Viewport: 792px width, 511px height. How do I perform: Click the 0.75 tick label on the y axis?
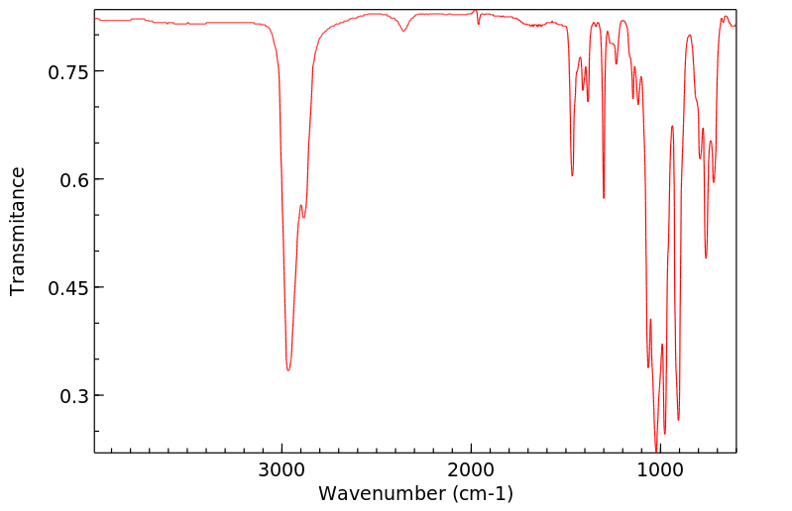tap(65, 72)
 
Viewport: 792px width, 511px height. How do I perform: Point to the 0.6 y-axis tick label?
tap(71, 180)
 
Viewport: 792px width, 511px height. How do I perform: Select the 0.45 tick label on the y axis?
tap(65, 288)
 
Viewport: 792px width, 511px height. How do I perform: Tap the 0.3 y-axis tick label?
tap(71, 396)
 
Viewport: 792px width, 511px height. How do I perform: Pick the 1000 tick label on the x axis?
tap(658, 468)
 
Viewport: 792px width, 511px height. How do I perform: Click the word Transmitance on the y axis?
tap(18, 231)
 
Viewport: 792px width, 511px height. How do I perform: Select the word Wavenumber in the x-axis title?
tap(382, 492)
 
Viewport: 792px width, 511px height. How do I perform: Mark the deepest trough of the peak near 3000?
tap(288, 369)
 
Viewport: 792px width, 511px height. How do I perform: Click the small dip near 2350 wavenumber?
tap(403, 31)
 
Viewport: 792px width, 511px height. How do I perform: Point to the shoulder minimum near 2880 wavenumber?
tap(304, 217)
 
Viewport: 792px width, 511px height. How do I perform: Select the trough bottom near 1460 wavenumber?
tap(572, 175)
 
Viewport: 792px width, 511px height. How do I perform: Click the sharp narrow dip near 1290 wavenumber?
tap(604, 197)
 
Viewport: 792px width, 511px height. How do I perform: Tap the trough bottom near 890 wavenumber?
tap(678, 420)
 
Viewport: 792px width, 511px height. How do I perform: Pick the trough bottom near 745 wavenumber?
tap(706, 257)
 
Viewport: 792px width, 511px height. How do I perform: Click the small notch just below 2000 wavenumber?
tap(479, 23)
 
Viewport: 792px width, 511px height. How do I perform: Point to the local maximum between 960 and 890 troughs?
tap(672, 127)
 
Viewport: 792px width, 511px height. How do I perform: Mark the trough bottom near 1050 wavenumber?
tap(648, 367)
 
